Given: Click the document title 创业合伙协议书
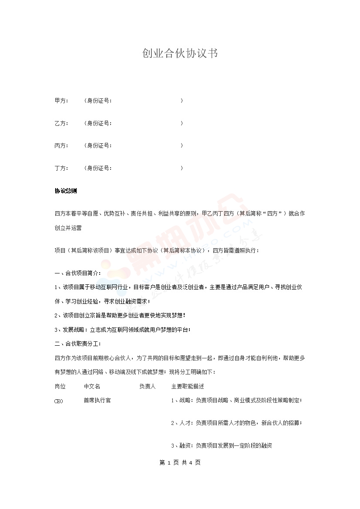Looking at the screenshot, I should pyautogui.click(x=180, y=54).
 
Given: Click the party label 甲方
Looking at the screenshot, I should pyautogui.click(x=61, y=101).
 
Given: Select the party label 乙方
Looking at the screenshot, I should pyautogui.click(x=61, y=123).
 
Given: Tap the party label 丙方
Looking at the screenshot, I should pyautogui.click(x=61, y=145).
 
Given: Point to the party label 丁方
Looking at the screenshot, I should pyautogui.click(x=61, y=168).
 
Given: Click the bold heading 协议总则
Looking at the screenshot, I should pyautogui.click(x=66, y=191).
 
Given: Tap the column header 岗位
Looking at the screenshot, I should pyautogui.click(x=60, y=386).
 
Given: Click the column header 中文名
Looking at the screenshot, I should pyautogui.click(x=92, y=386).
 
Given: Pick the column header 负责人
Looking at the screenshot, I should pyautogui.click(x=148, y=386).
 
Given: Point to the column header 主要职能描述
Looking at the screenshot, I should pyautogui.click(x=188, y=386).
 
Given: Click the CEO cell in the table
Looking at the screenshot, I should pyautogui.click(x=59, y=401).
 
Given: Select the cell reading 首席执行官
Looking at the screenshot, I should pyautogui.click(x=97, y=400).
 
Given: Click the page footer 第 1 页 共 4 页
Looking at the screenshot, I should pyautogui.click(x=180, y=462).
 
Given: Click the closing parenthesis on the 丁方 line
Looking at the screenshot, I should pyautogui.click(x=182, y=168).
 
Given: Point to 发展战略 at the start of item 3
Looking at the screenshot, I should pyautogui.click(x=71, y=330).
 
